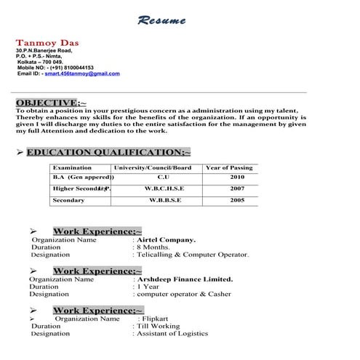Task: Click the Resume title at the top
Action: (x=161, y=20)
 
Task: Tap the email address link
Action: (x=82, y=73)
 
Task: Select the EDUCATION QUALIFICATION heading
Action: (x=108, y=152)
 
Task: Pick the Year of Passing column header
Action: (x=229, y=168)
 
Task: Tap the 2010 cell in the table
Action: (x=237, y=177)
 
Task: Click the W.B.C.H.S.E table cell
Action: (x=164, y=188)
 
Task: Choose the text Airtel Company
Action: (x=165, y=239)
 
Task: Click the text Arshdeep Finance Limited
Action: (x=184, y=279)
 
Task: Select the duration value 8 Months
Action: (x=155, y=247)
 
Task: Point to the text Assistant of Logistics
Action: (x=172, y=334)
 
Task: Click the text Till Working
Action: (x=157, y=327)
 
